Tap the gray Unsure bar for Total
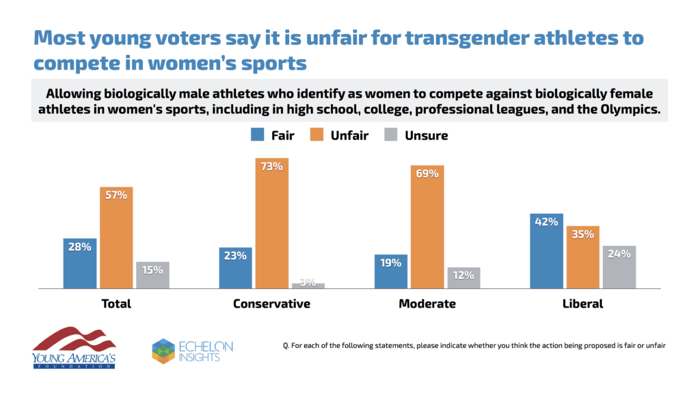(152, 275)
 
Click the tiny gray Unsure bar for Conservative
(308, 285)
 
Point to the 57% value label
(116, 195)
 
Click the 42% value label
(547, 221)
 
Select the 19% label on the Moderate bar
(391, 262)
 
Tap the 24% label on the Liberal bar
(619, 253)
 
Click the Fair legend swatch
(257, 135)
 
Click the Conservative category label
(271, 303)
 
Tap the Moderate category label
(427, 303)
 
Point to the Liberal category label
(583, 303)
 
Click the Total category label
(116, 303)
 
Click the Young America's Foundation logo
(74, 347)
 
